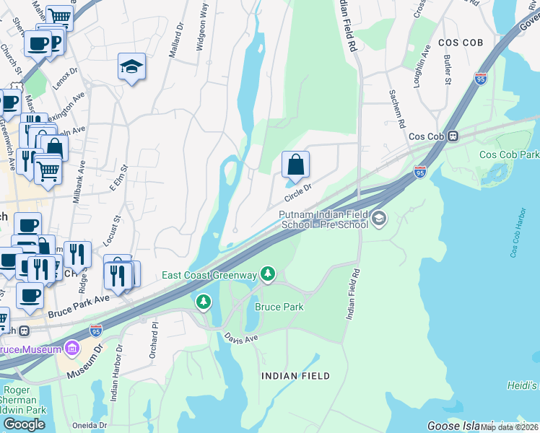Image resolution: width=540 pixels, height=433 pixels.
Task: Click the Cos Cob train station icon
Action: point(453,136)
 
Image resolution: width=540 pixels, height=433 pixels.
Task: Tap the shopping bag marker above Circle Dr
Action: point(295,165)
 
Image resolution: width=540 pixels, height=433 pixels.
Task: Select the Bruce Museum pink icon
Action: point(71,349)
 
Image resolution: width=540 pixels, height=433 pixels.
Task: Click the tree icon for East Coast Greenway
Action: point(268,274)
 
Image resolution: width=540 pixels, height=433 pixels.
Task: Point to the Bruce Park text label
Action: point(279,307)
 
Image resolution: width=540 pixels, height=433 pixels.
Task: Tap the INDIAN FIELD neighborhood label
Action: point(295,376)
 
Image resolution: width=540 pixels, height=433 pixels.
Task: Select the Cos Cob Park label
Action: point(508,155)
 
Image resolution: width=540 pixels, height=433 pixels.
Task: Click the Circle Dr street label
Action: point(297,192)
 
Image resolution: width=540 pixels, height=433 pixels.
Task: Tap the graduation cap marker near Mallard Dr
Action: point(131,67)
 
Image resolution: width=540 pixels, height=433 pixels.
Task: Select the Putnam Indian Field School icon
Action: point(380,219)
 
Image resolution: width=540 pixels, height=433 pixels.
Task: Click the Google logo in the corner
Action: point(24,424)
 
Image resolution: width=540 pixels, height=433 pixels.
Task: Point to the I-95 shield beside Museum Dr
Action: point(97,330)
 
